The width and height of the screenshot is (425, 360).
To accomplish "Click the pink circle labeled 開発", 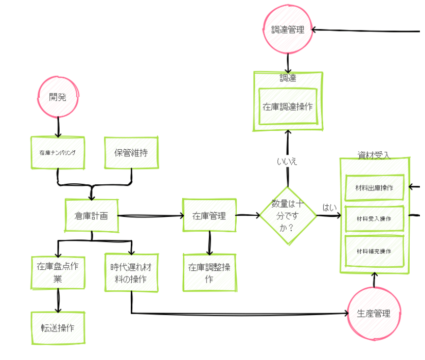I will (x=58, y=97).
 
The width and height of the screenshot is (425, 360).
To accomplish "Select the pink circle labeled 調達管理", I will (x=288, y=30).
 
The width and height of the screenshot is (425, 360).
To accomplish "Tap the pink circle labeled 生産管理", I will (x=374, y=313).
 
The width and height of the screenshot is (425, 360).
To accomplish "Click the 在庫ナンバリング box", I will (x=57, y=152).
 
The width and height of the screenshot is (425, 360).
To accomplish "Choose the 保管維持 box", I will (x=131, y=152).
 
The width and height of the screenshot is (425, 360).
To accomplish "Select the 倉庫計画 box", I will (x=92, y=215).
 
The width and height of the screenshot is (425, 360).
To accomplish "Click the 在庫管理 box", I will (x=209, y=215).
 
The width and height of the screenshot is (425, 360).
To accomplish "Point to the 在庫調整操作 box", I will (x=209, y=273).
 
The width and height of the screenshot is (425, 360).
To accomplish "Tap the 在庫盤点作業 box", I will (x=57, y=272).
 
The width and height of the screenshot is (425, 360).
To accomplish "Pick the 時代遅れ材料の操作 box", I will (x=131, y=272).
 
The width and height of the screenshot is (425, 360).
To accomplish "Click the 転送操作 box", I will (x=57, y=327).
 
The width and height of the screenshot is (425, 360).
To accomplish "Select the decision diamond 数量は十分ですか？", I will (x=288, y=215).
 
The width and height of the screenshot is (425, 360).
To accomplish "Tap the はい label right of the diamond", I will (x=329, y=207).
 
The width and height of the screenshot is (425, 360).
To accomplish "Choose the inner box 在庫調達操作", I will (x=288, y=106).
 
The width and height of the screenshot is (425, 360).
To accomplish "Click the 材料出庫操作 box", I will (x=374, y=187).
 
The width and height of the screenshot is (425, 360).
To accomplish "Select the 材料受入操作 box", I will (x=374, y=218).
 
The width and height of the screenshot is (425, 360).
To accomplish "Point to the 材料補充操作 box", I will (x=374, y=251).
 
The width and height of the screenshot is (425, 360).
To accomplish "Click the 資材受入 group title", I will (x=374, y=155).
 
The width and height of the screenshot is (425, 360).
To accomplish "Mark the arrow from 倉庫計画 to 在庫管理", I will (x=150, y=216).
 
